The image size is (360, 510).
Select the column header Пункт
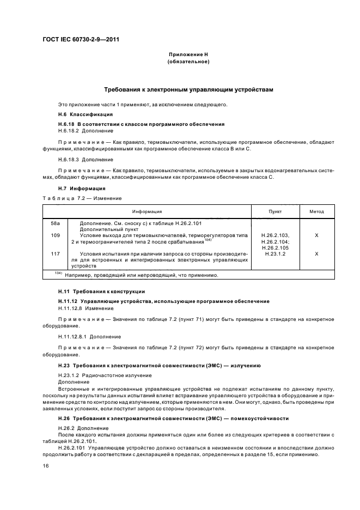coord(276,211)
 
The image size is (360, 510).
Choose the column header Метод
coord(316,211)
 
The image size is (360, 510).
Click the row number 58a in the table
coord(54,223)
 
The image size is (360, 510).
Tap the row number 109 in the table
coord(54,235)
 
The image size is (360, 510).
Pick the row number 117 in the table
coord(54,254)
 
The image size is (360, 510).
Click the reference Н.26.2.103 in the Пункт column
coord(276,235)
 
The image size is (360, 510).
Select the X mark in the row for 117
coord(316,254)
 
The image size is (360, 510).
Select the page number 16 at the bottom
coord(45,466)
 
